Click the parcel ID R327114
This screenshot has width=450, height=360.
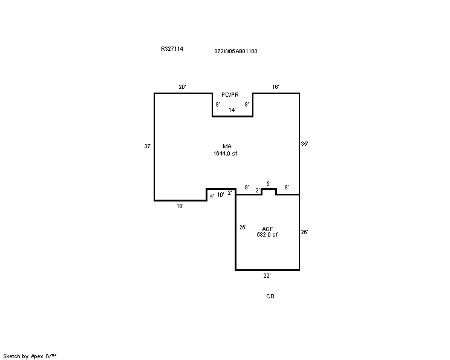tap(172, 49)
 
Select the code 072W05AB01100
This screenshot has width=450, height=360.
tap(236, 51)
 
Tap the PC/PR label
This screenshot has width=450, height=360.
tap(230, 95)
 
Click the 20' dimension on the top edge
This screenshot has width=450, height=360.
tap(182, 87)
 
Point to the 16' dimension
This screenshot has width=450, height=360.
tap(276, 87)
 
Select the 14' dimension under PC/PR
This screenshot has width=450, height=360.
tap(232, 110)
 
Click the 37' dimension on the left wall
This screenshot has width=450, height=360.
tap(148, 146)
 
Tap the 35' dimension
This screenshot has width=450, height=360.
tap(304, 144)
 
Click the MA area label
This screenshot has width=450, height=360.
tap(227, 146)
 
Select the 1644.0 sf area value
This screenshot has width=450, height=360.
tap(225, 154)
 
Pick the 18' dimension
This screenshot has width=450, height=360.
tap(180, 206)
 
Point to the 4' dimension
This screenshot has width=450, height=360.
tap(212, 197)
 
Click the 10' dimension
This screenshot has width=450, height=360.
tap(220, 195)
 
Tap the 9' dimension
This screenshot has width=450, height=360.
tap(247, 188)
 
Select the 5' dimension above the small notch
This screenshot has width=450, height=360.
tap(269, 184)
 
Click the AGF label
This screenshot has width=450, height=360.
tap(267, 229)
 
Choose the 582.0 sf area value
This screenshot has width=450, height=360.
tap(267, 235)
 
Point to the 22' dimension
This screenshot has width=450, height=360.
tap(267, 276)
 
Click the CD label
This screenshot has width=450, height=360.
tap(270, 296)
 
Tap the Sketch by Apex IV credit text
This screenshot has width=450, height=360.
tap(30, 356)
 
